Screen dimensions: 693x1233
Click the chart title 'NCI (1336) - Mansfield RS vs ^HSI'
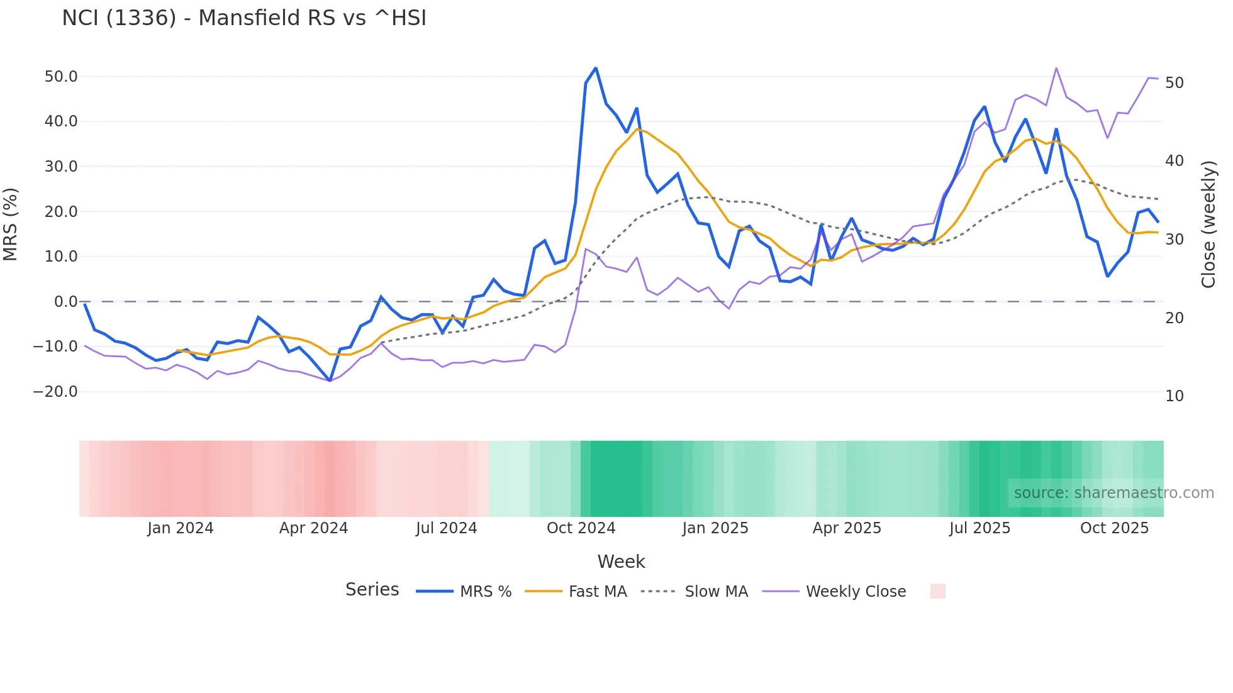point(244,18)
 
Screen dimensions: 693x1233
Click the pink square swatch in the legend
point(937,592)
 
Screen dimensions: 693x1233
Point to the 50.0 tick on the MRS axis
point(61,77)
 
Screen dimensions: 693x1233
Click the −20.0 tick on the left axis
point(56,392)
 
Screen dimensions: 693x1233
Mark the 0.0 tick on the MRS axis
point(65,302)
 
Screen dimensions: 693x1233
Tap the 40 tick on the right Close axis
point(1174,161)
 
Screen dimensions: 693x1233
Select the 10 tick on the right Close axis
point(1174,396)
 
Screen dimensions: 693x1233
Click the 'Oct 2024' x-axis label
point(581,528)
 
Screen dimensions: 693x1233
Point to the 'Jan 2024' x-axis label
point(181,528)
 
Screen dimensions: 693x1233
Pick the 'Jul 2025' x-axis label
point(979,528)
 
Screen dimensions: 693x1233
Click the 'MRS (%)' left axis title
point(11,225)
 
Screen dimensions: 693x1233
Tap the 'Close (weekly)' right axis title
point(1208,225)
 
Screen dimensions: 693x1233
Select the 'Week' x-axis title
point(621,562)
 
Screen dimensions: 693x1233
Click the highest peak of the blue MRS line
point(596,68)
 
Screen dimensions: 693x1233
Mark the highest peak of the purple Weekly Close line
point(1056,68)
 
